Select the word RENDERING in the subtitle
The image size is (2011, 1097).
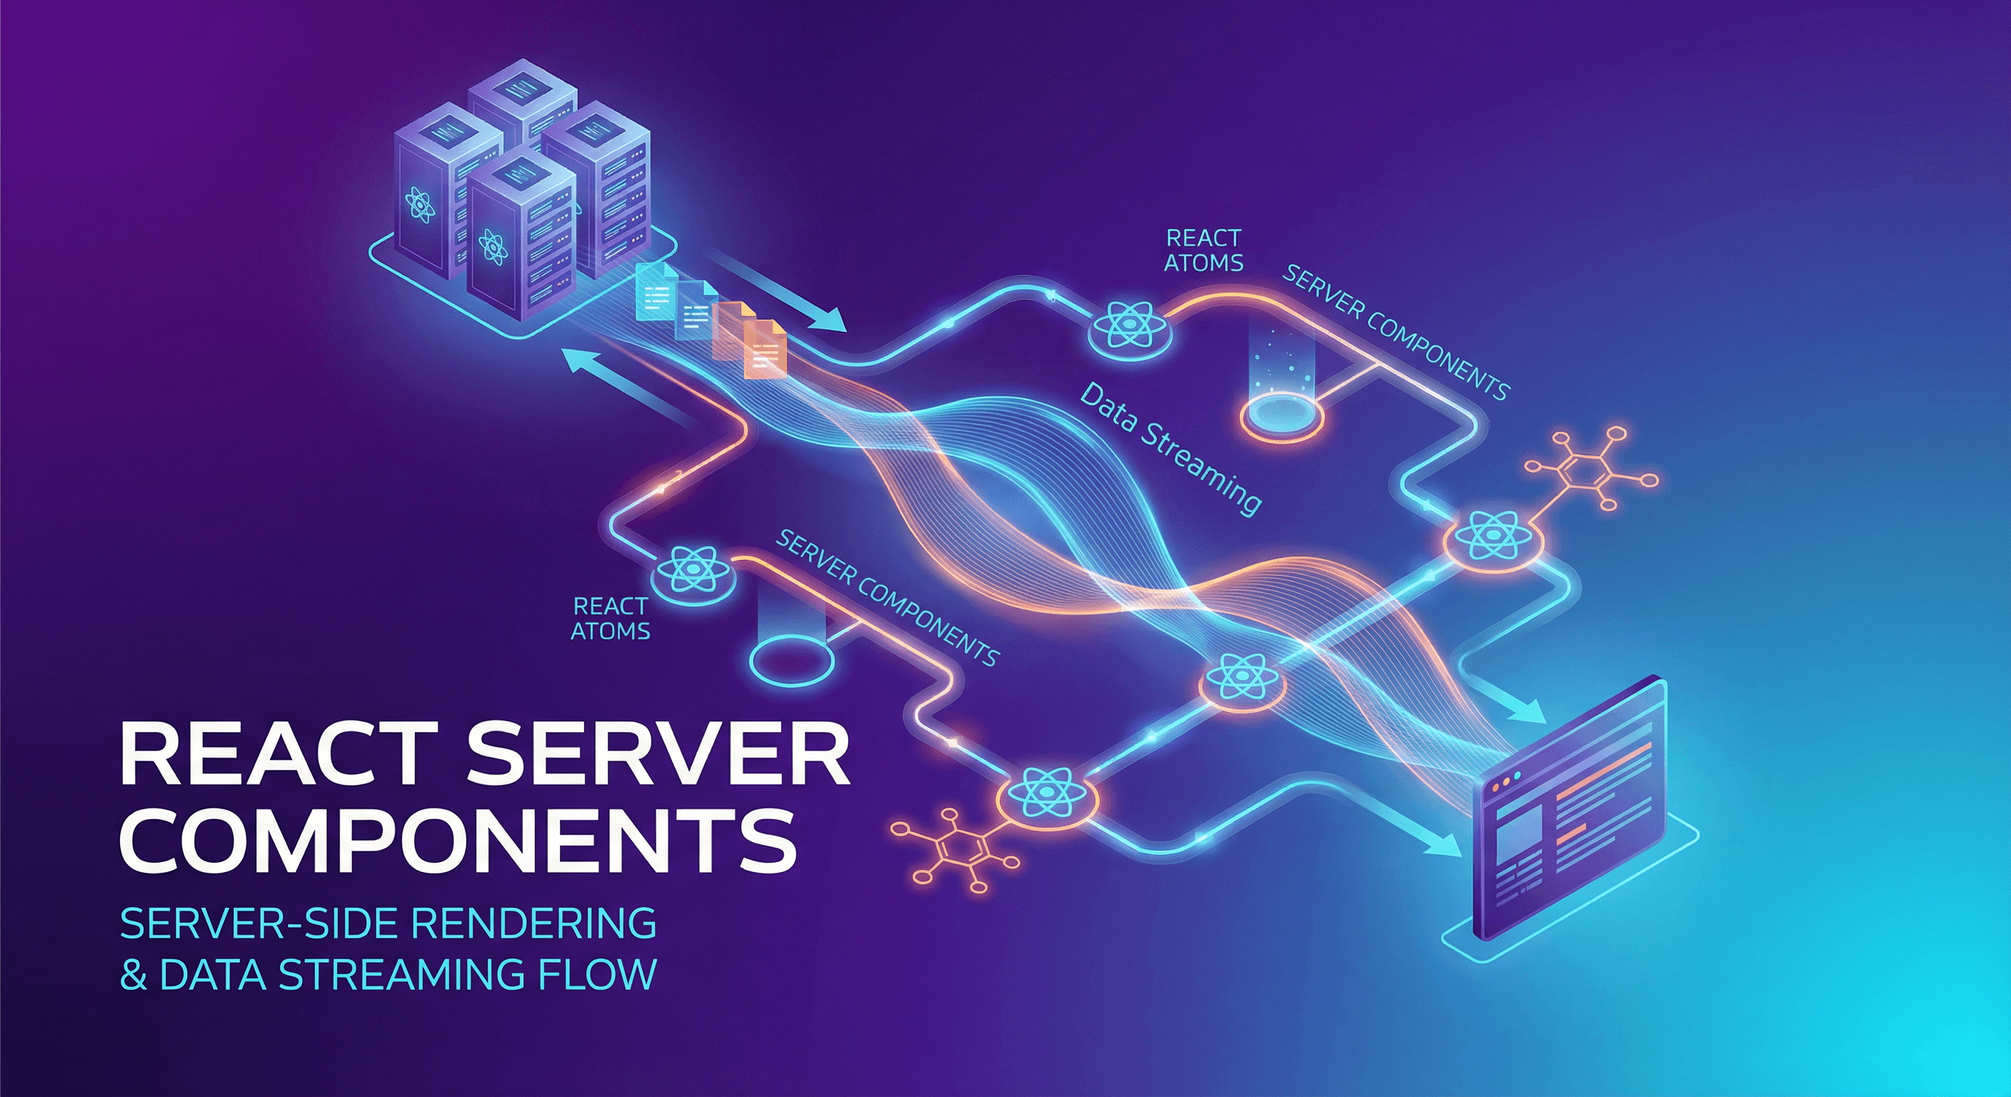[533, 923]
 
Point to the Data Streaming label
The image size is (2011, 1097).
[1170, 449]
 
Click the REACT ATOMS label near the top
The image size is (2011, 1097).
[1203, 250]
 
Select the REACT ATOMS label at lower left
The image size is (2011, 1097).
[611, 618]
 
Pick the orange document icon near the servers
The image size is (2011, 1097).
[763, 349]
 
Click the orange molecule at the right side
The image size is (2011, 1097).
[1590, 469]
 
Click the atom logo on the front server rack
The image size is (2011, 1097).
[493, 248]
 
